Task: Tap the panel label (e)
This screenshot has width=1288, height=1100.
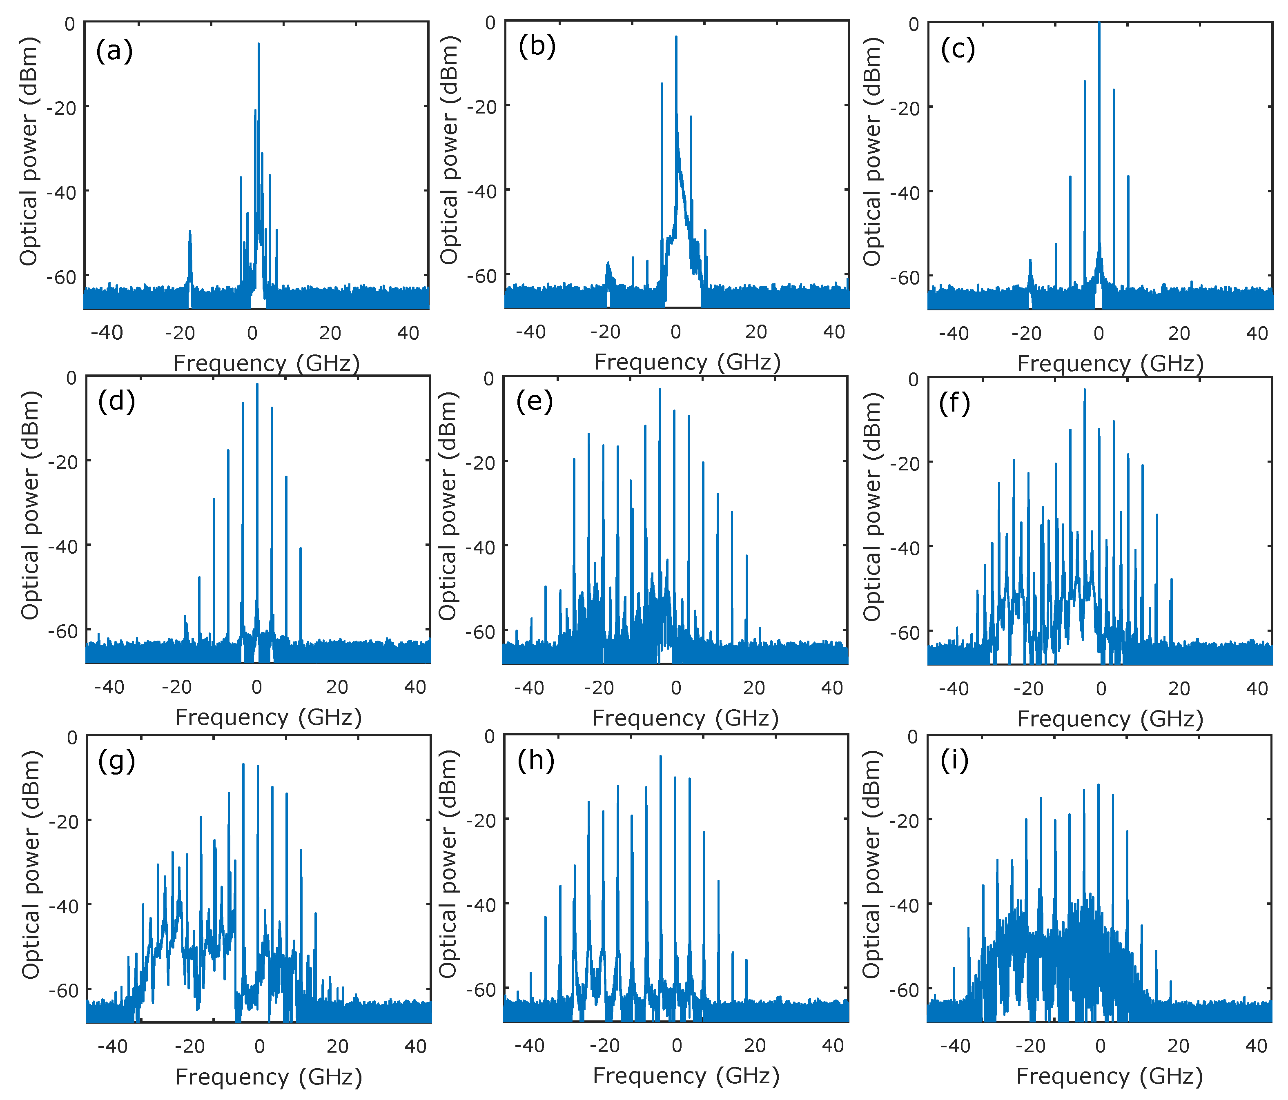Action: [x=534, y=402]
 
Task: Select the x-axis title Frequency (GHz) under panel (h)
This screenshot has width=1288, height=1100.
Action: [x=686, y=1075]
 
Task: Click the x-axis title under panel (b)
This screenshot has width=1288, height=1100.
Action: [x=687, y=362]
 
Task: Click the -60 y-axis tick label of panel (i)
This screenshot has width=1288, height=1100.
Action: [x=904, y=989]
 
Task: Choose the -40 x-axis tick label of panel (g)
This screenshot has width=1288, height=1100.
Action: [x=113, y=1047]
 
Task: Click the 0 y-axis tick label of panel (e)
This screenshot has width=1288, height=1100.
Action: [x=489, y=379]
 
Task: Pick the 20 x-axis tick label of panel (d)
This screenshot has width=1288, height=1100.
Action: [x=337, y=687]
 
